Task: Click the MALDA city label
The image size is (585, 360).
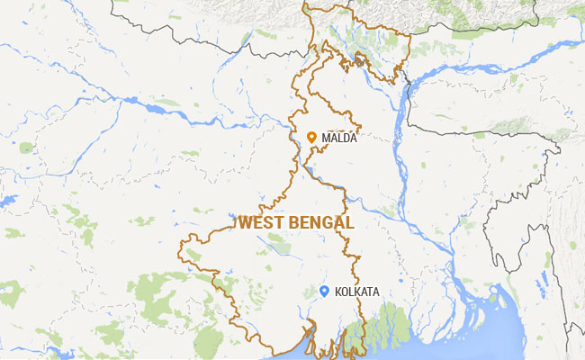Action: [339, 138]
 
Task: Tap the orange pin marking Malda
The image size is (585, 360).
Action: [311, 138]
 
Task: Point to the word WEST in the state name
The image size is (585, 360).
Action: [261, 221]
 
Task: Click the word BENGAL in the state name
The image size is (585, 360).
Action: [321, 221]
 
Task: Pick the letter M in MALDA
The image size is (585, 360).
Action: [325, 138]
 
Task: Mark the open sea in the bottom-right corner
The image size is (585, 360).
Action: [540, 342]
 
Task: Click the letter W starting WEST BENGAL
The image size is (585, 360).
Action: [244, 221]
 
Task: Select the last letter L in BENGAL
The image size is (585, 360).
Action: [349, 221]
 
